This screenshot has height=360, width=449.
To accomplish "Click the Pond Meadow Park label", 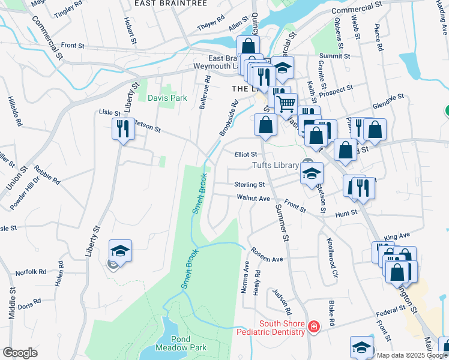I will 181,343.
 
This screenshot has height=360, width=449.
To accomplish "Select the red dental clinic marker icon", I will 313,326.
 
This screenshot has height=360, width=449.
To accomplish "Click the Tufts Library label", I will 275,166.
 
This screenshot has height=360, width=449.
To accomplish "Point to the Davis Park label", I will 163,98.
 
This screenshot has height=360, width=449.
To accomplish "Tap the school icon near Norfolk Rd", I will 120,251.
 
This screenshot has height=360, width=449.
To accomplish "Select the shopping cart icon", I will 286,104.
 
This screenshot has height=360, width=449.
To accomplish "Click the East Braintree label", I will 170,4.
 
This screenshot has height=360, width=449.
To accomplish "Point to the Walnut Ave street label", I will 253,197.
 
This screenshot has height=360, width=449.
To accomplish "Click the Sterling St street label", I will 250,185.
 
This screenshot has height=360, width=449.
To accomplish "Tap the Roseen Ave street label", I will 267,255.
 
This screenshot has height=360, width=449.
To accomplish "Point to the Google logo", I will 20,353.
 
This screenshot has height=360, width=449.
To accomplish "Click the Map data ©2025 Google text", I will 412,355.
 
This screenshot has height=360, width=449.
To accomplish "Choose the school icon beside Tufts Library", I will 312,173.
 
